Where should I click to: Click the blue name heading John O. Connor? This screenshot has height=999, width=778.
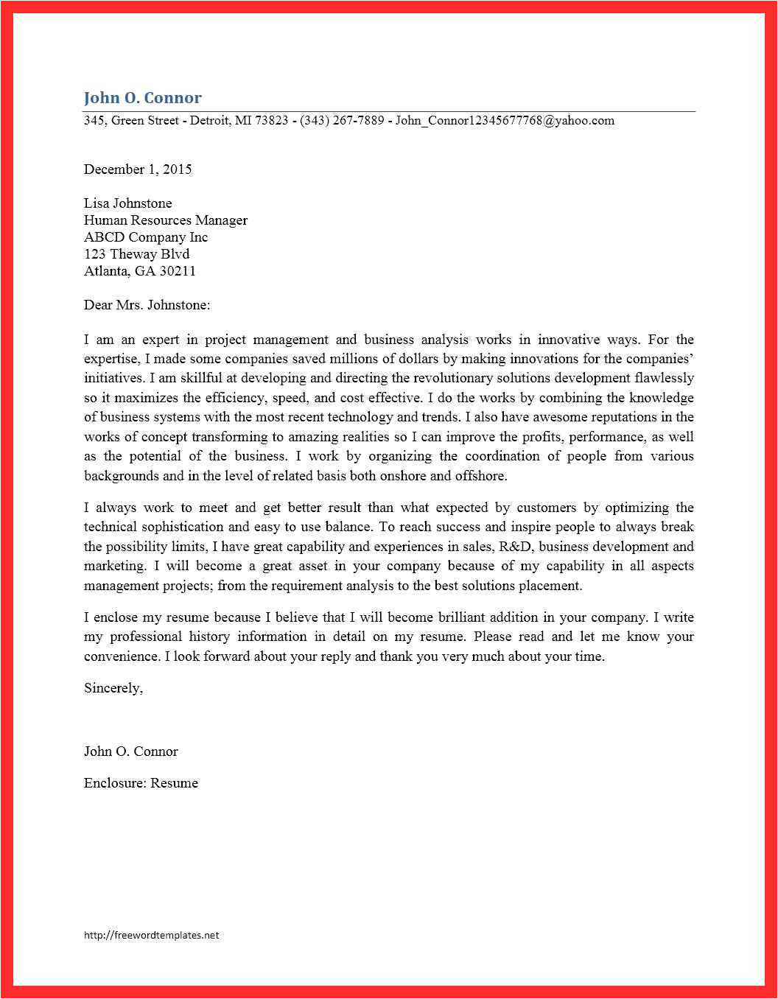(x=142, y=98)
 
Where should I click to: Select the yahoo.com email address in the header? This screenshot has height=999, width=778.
(x=505, y=121)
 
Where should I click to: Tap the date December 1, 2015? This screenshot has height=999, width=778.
(x=138, y=169)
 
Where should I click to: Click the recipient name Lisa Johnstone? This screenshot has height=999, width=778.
(x=127, y=203)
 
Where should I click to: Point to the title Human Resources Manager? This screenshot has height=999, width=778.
(x=166, y=220)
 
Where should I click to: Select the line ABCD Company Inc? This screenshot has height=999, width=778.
(x=146, y=237)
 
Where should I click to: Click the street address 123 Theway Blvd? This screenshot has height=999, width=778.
(x=136, y=254)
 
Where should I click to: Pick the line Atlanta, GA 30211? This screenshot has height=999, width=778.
(x=140, y=271)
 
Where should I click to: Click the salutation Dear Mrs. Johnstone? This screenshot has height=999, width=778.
(x=147, y=305)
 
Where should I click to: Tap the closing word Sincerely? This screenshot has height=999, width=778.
(x=113, y=688)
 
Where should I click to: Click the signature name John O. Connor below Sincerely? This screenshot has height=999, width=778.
(x=131, y=751)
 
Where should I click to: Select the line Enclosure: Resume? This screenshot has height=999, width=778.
(x=141, y=783)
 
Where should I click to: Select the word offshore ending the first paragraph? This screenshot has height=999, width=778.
(x=480, y=476)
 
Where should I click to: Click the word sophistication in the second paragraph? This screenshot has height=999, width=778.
(x=183, y=527)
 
